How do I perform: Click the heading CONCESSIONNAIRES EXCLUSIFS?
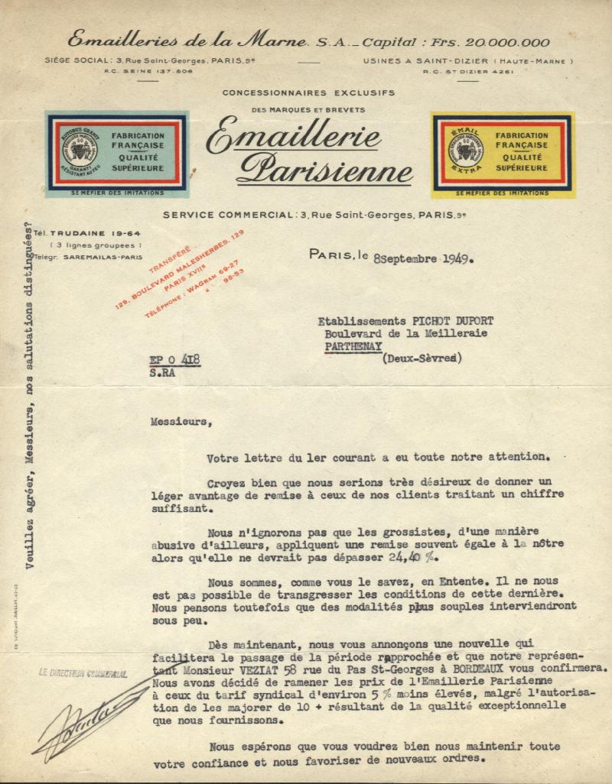308,92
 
